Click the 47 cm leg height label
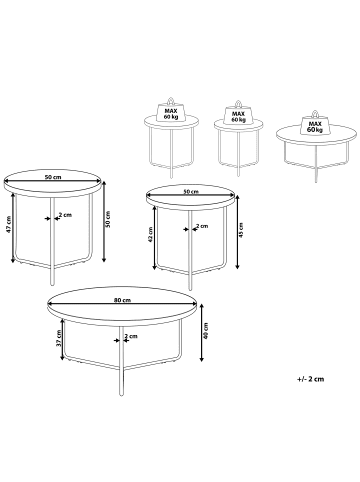pyautogui.click(x=9, y=225)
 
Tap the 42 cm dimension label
pyautogui.click(x=150, y=234)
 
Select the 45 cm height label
pyautogui.click(x=241, y=230)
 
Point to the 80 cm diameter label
pyautogui.click(x=122, y=300)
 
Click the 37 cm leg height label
pyautogui.click(x=58, y=339)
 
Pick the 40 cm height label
pyautogui.click(x=206, y=331)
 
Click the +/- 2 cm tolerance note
pyautogui.click(x=310, y=379)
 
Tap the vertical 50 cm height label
pyautogui.click(x=108, y=219)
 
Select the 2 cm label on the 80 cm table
pyautogui.click(x=131, y=336)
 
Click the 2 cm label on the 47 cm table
pyautogui.click(x=65, y=215)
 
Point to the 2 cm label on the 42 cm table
pyautogui.click(x=202, y=226)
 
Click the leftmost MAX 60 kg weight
pyautogui.click(x=171, y=112)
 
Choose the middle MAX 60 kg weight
pyautogui.click(x=238, y=114)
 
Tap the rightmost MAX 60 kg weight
pyautogui.click(x=314, y=126)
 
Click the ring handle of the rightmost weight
pyautogui.click(x=314, y=114)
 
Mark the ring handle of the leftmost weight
pyautogui.click(x=171, y=100)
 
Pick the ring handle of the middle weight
pyautogui.click(x=238, y=103)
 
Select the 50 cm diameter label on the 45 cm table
pyautogui.click(x=191, y=192)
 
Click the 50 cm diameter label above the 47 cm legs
pyautogui.click(x=53, y=177)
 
